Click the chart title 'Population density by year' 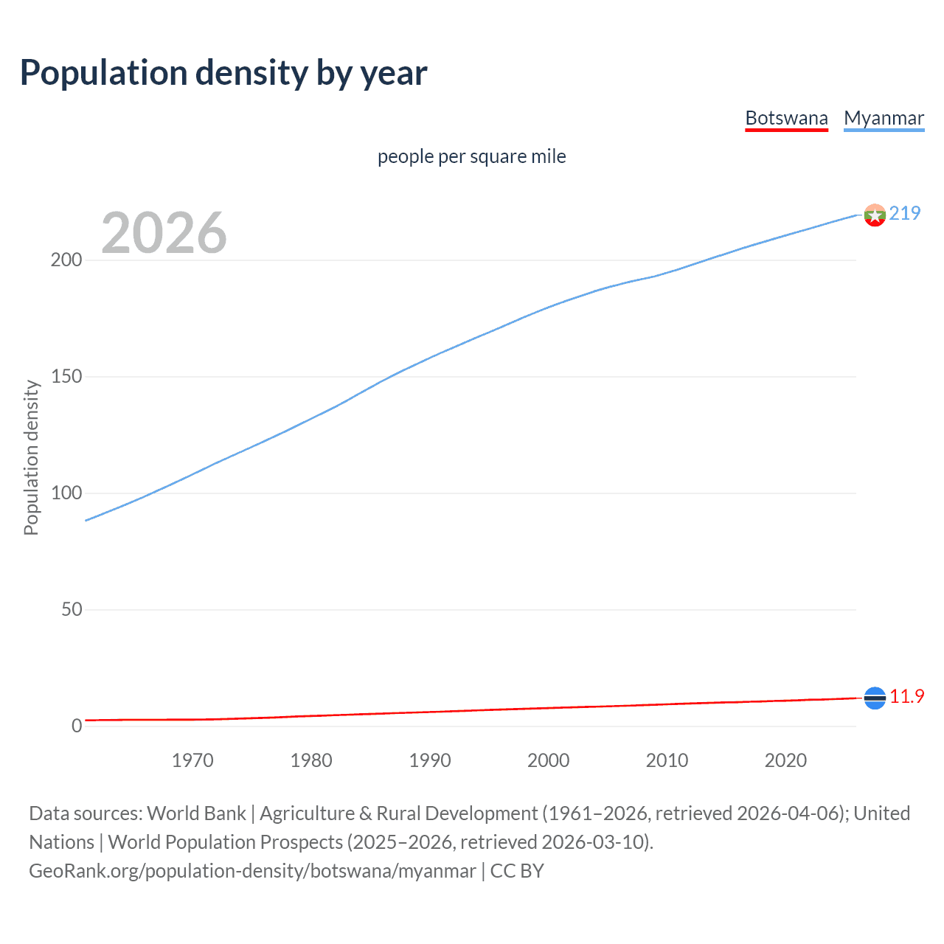(223, 73)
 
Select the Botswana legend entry (786, 118)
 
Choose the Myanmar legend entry (884, 118)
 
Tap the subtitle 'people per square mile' (471, 156)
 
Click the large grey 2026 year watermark (164, 233)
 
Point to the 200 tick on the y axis (66, 260)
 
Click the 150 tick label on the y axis (66, 377)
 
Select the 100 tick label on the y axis (66, 493)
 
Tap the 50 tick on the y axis (72, 610)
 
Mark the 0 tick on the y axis (77, 726)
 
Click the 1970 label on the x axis (192, 760)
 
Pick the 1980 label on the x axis (311, 760)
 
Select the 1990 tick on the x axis (430, 760)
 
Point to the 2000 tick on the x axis (548, 760)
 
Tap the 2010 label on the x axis (667, 760)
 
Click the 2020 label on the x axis (785, 760)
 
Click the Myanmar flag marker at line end (875, 215)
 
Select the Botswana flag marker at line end (875, 698)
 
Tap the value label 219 (905, 213)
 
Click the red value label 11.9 (906, 697)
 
